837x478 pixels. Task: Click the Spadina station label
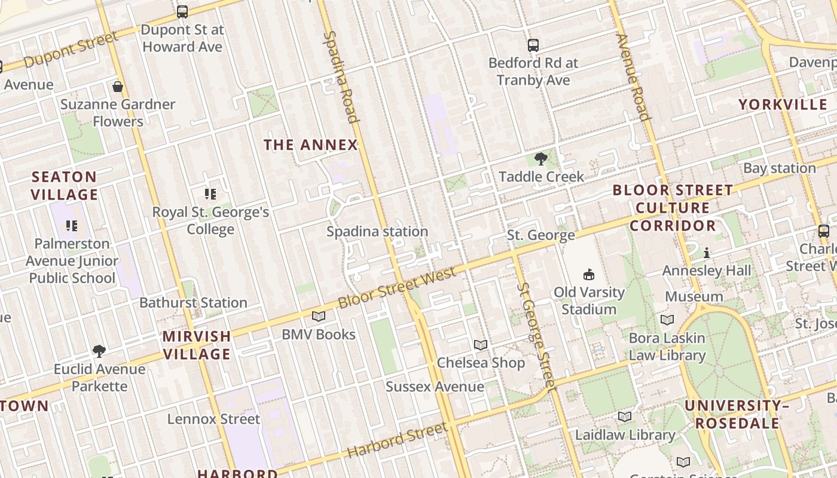pyautogui.click(x=377, y=231)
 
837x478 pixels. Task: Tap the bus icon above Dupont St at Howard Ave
pyautogui.click(x=182, y=11)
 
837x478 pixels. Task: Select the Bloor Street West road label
pyautogui.click(x=397, y=288)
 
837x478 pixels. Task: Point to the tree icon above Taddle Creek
pyautogui.click(x=541, y=159)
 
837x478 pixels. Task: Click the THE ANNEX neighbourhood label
pyautogui.click(x=310, y=145)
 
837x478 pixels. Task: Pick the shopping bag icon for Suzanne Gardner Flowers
pyautogui.click(x=118, y=87)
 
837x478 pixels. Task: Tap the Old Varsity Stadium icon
pyautogui.click(x=589, y=275)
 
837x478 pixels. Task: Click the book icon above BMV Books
pyautogui.click(x=319, y=317)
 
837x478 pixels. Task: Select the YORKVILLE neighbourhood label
pyautogui.click(x=783, y=105)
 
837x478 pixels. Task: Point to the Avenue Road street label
pyautogui.click(x=633, y=77)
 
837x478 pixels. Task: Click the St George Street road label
pyautogui.click(x=536, y=334)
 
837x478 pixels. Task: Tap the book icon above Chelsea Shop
pyautogui.click(x=481, y=345)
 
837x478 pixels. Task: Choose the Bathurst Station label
pyautogui.click(x=193, y=302)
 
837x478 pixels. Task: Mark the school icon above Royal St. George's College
pyautogui.click(x=210, y=194)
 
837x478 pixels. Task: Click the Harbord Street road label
pyautogui.click(x=397, y=440)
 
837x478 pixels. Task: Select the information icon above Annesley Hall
pyautogui.click(x=707, y=253)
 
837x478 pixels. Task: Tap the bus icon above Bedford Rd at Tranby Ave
pyautogui.click(x=533, y=45)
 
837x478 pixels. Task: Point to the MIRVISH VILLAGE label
pyautogui.click(x=197, y=345)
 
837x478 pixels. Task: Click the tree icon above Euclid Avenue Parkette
pyautogui.click(x=99, y=351)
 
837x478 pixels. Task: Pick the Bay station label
pyautogui.click(x=779, y=168)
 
